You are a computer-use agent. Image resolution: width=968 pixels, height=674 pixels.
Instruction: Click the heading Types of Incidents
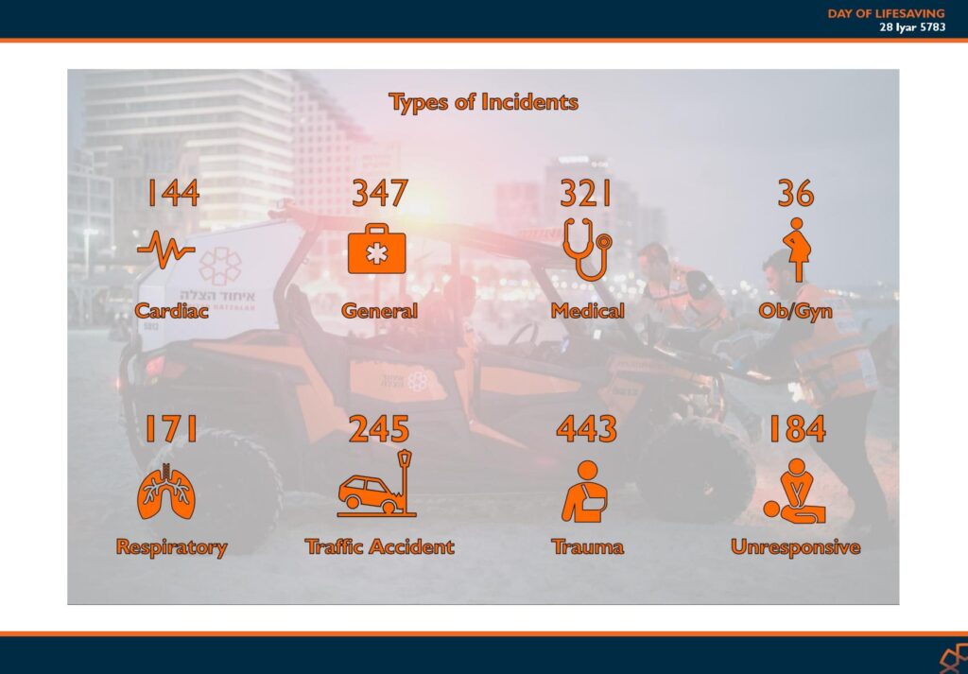point(483,102)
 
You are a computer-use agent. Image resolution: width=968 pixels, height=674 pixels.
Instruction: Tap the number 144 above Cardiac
point(174,193)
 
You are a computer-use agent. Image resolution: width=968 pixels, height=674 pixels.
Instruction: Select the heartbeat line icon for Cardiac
point(166,250)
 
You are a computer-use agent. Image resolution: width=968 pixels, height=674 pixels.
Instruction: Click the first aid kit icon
point(376,249)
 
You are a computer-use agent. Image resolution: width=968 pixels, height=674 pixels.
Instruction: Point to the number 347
point(380,193)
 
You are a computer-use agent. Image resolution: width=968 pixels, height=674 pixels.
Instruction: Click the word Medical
point(587,310)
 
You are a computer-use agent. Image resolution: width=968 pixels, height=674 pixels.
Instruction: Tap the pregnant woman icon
point(797,250)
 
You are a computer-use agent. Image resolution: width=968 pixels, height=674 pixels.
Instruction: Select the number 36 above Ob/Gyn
point(796,193)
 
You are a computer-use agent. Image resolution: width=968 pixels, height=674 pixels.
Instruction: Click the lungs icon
point(166,492)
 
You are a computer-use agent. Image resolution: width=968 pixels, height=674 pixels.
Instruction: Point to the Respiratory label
point(172,547)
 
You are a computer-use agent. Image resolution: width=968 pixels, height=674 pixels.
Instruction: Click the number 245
point(379,428)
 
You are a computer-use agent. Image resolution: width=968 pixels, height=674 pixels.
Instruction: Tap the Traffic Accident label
point(380,546)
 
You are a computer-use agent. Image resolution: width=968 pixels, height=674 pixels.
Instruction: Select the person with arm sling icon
point(584,492)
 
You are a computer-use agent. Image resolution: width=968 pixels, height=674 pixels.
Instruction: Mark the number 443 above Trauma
point(586,428)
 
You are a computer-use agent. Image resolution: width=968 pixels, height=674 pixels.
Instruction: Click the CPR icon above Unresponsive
point(794,492)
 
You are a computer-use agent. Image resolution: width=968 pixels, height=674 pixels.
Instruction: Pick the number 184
point(798,428)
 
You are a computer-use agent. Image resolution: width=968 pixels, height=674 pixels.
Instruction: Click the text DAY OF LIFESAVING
point(886,13)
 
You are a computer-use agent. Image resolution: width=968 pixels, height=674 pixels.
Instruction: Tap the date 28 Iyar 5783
point(912,27)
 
